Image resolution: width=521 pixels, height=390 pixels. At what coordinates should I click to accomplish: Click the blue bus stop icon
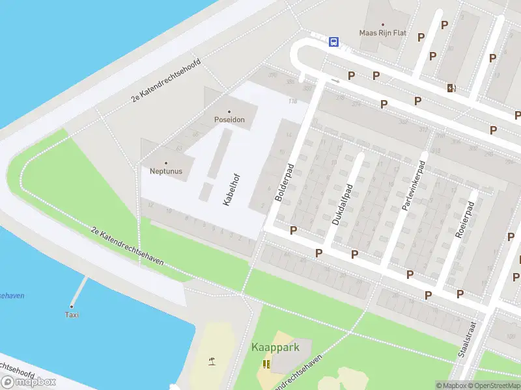(x=333, y=42)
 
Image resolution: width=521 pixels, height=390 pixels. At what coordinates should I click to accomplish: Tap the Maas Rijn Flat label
(x=383, y=32)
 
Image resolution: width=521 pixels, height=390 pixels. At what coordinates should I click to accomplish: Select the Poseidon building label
(x=229, y=120)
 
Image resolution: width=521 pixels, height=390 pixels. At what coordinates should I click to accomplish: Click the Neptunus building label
(x=165, y=172)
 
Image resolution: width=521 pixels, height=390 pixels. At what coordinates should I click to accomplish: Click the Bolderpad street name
(x=285, y=182)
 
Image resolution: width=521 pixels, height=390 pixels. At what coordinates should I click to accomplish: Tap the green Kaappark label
(x=275, y=347)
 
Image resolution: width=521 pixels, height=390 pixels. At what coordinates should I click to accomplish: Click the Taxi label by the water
(x=72, y=315)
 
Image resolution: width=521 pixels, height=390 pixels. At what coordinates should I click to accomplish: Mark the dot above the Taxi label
(x=72, y=307)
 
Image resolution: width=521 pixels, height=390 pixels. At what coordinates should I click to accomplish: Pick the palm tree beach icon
(x=212, y=361)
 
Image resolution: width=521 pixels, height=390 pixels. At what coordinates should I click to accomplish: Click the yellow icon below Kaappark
(x=266, y=363)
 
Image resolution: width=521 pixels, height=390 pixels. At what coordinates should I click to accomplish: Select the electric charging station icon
(x=451, y=88)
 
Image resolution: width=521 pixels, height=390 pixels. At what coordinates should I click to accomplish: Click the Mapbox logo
(x=29, y=382)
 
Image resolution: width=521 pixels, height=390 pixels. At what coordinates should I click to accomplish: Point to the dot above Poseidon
(x=229, y=112)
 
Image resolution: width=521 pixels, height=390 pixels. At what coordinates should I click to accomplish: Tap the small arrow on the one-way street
(x=335, y=81)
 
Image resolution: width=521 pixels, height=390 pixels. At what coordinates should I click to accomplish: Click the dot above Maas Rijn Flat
(x=383, y=24)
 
